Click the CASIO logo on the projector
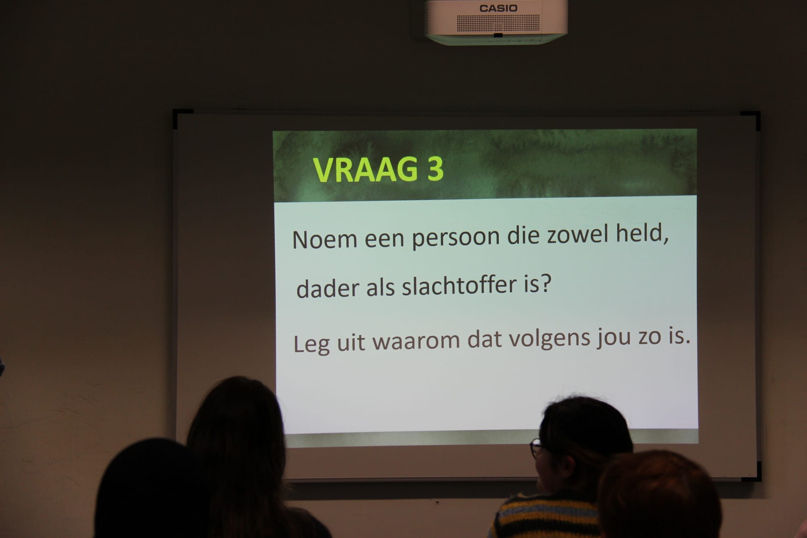(498, 8)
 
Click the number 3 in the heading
(435, 169)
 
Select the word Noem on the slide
(325, 239)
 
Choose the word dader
(328, 288)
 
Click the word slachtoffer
(460, 285)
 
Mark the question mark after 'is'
(546, 283)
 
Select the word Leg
(312, 344)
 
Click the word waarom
(416, 341)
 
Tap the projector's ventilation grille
(498, 23)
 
